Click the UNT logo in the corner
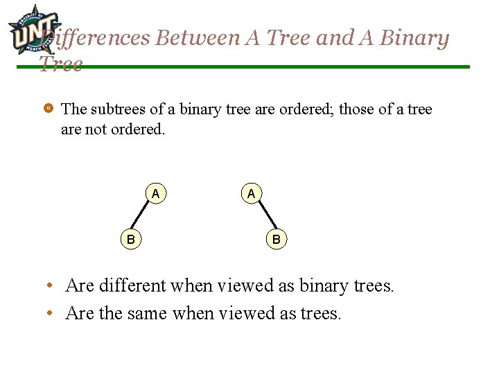pyautogui.click(x=30, y=29)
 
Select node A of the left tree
pyautogui.click(x=156, y=194)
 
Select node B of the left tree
pyautogui.click(x=130, y=240)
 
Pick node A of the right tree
pyautogui.click(x=251, y=194)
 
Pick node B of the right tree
pyautogui.click(x=276, y=240)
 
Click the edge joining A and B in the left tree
pyautogui.click(x=143, y=217)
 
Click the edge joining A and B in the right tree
pyautogui.click(x=263, y=217)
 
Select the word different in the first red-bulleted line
pyautogui.click(x=132, y=285)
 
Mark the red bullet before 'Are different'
pyautogui.click(x=51, y=285)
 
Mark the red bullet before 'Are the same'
pyautogui.click(x=51, y=314)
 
